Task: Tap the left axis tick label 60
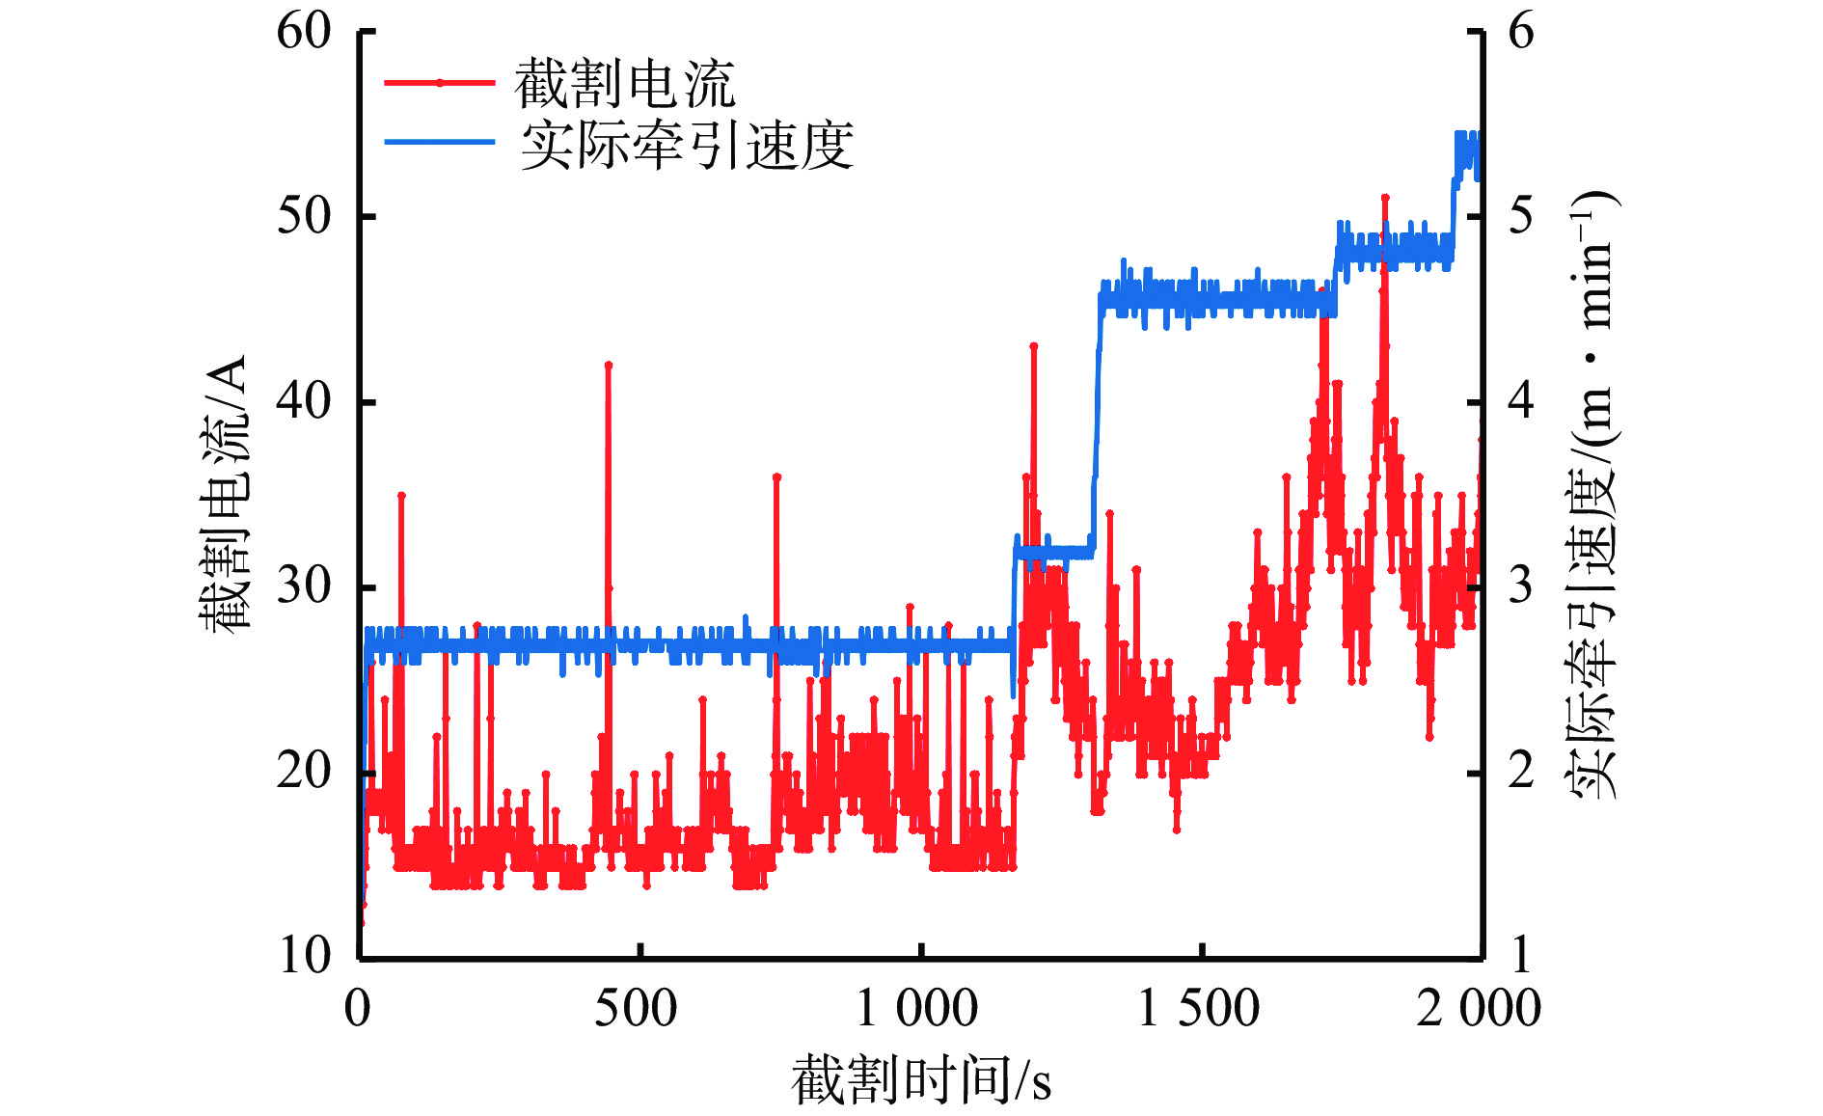[304, 32]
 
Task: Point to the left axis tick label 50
[304, 216]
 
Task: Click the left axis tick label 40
[304, 401]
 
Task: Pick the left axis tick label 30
[304, 585]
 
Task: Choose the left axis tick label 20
[304, 771]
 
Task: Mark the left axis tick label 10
[304, 955]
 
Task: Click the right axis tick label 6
[1520, 32]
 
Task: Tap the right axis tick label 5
[1520, 216]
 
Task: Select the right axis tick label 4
[1520, 401]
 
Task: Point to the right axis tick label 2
[1520, 771]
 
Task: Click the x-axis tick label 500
[636, 1009]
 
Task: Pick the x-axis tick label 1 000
[916, 1009]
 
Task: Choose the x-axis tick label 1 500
[1198, 1009]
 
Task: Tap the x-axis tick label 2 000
[1478, 1009]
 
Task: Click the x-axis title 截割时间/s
[921, 1079]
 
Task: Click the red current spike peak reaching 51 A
[1385, 198]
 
